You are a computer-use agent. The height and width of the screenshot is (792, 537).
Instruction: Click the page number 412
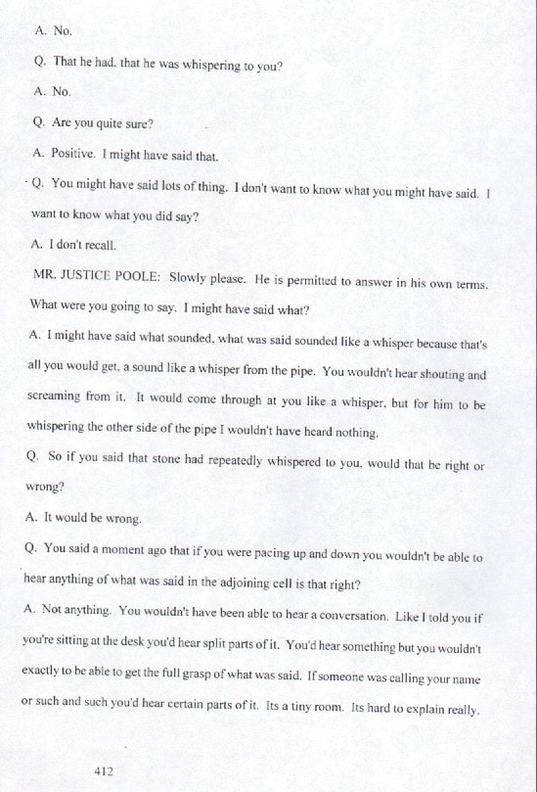click(x=104, y=771)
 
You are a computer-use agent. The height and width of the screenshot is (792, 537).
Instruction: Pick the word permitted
click(x=313, y=279)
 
